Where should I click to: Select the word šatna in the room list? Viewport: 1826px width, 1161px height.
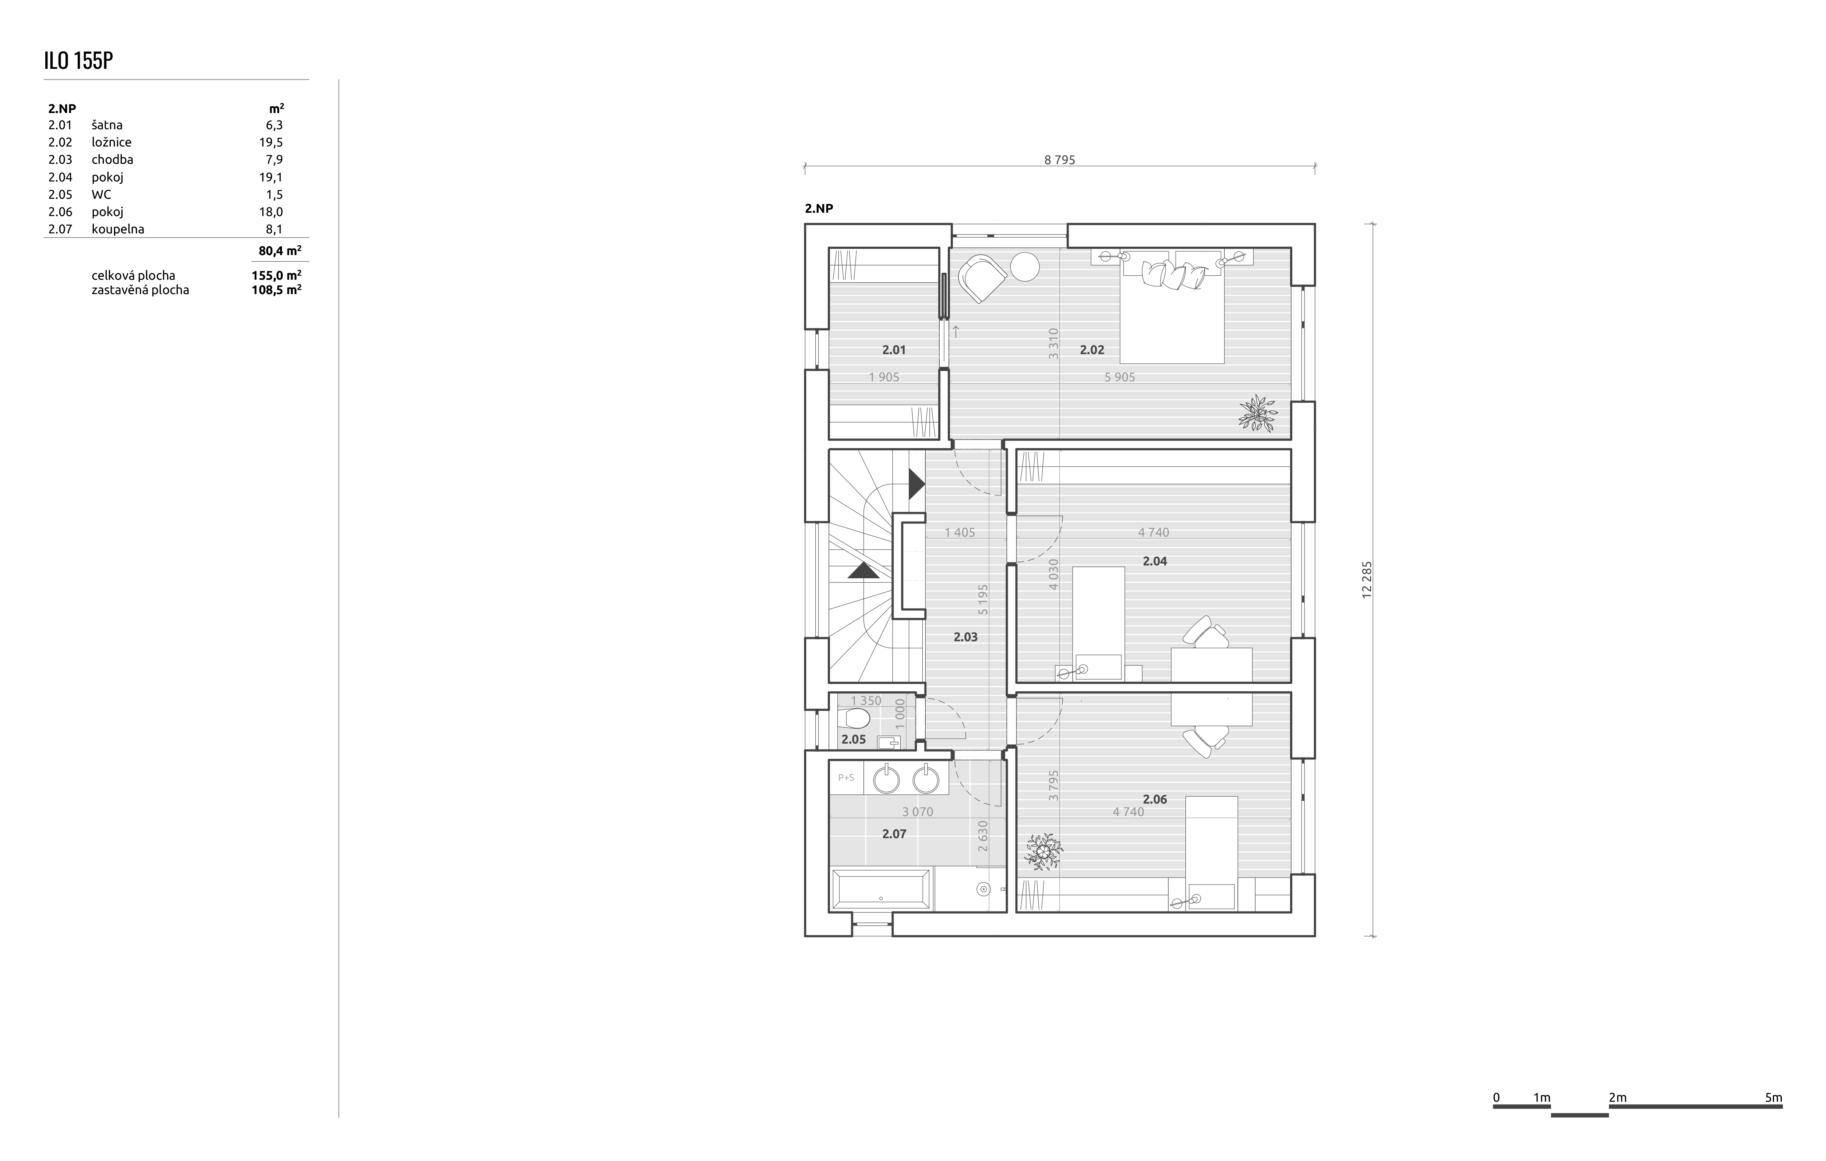[107, 125]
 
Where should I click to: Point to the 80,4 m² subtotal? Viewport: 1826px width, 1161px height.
[280, 250]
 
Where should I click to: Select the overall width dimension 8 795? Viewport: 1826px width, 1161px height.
[1059, 160]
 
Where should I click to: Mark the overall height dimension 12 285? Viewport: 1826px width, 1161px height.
[1367, 580]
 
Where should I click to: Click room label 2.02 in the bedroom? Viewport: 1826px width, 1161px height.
[1092, 350]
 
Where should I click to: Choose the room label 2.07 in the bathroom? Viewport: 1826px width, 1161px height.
[894, 833]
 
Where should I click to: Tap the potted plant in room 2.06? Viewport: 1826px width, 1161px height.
[1043, 851]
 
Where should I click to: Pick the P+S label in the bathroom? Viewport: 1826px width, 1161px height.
[845, 777]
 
